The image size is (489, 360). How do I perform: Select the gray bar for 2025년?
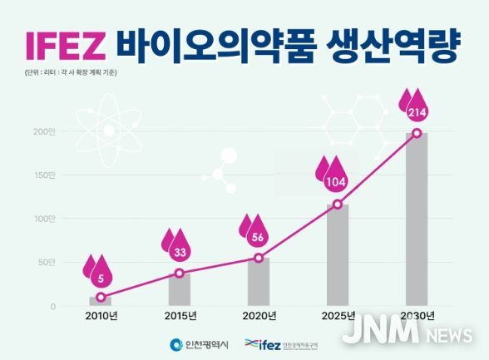[x=338, y=254]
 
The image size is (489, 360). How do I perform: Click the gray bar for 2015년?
[x=180, y=288]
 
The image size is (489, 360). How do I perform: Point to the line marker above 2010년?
[x=101, y=297]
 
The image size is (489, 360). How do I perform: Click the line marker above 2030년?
[x=417, y=133]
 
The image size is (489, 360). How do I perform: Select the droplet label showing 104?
[x=337, y=180]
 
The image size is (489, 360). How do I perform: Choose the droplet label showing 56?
[x=259, y=235]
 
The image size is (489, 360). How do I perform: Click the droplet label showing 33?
[x=180, y=250]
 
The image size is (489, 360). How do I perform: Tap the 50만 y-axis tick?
[x=46, y=263]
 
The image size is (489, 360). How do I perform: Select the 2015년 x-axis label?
[x=180, y=317]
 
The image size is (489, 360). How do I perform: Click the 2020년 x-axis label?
[x=259, y=317]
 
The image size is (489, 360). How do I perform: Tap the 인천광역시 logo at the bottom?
[x=198, y=344]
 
